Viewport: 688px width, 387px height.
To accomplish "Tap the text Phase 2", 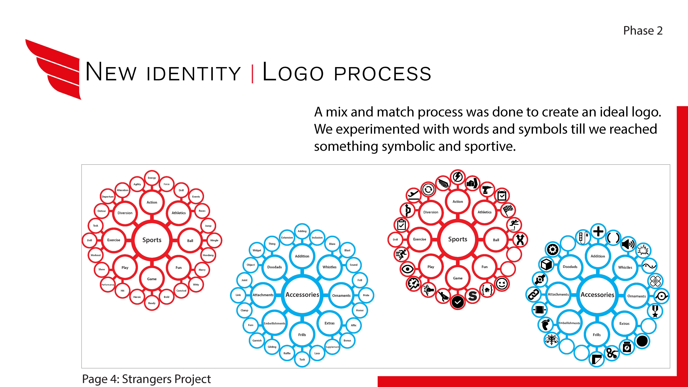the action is pyautogui.click(x=643, y=31).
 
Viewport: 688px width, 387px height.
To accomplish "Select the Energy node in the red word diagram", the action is pyautogui.click(x=152, y=178).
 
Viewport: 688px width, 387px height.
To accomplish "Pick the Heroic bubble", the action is pyautogui.click(x=137, y=297).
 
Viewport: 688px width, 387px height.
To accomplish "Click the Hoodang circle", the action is pyautogui.click(x=208, y=255).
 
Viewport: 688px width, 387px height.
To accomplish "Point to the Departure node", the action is pyautogui.click(x=108, y=197).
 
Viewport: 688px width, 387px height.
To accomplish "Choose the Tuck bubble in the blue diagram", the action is pyautogui.click(x=302, y=359).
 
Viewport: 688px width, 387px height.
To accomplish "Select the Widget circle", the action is pyautogui.click(x=257, y=250).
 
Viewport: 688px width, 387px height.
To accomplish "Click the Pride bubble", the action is pyautogui.click(x=366, y=295).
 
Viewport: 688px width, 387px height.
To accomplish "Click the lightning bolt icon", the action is pyautogui.click(x=458, y=177).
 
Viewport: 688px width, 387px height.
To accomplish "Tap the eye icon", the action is pyautogui.click(x=408, y=269).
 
